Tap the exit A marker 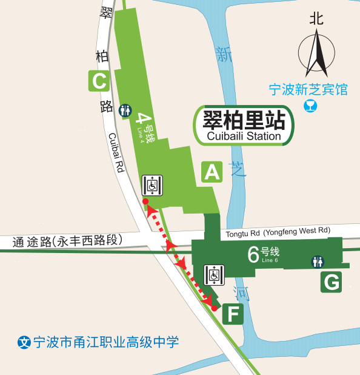(x=212, y=172)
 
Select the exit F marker (x=233, y=314)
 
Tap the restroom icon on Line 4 (x=125, y=110)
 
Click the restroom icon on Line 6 (x=318, y=262)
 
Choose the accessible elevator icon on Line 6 (x=214, y=275)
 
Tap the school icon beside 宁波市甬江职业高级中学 (x=24, y=342)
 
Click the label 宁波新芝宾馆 (x=308, y=90)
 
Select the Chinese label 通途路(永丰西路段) (x=67, y=241)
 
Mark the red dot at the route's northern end (x=145, y=201)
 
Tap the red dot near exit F (x=214, y=308)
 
